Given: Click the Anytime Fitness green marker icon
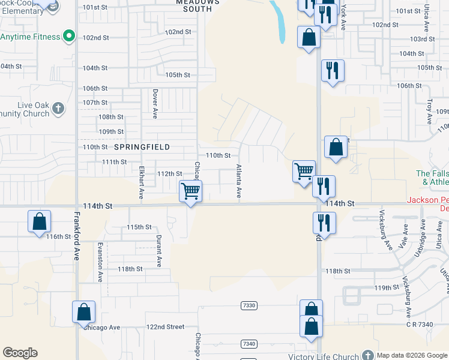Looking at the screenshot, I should point(69,37).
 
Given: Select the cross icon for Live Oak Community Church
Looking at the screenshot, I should point(58,109).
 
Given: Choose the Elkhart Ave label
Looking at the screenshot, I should point(142,182).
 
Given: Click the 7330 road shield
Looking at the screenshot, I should point(249,305).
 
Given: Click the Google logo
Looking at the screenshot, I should point(20,352).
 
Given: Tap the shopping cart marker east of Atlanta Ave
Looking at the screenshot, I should point(304,170).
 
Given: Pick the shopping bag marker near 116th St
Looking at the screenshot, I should point(39,221).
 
